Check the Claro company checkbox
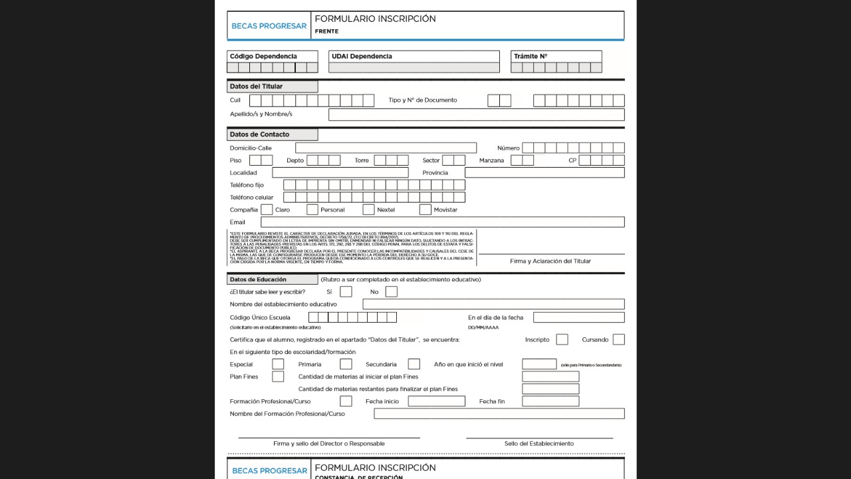[x=267, y=210]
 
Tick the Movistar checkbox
[x=425, y=210]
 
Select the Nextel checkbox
[x=368, y=210]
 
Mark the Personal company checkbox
[x=312, y=210]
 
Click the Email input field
[x=442, y=222]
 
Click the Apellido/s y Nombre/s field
[x=476, y=114]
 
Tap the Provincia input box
[x=545, y=173]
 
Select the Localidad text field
[x=340, y=173]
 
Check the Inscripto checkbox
[x=562, y=340]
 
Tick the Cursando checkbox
[x=618, y=340]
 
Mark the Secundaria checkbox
[x=414, y=365]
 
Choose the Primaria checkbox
[x=346, y=365]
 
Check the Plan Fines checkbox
[x=278, y=377]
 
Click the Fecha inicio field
[x=436, y=402]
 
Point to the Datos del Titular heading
[x=257, y=86]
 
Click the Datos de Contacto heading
[x=260, y=134]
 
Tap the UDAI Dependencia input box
[x=414, y=67]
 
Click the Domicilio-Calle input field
[x=386, y=148]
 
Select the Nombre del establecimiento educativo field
[x=493, y=305]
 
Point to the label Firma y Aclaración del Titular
[x=550, y=261]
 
